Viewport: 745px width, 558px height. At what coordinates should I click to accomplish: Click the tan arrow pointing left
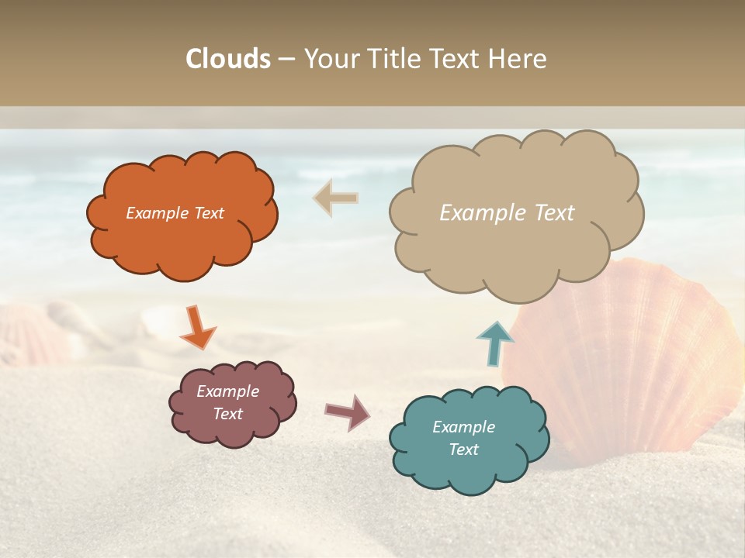(x=335, y=198)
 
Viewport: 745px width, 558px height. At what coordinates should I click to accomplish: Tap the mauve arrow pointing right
(x=348, y=412)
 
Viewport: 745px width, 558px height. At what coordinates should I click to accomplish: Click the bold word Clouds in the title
(x=228, y=59)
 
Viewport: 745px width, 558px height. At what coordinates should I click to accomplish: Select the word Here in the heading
(x=518, y=59)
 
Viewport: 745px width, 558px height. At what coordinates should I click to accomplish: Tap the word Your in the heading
(x=328, y=59)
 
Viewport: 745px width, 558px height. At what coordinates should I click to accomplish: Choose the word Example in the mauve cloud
(x=227, y=391)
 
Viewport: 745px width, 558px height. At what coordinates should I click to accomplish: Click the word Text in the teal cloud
(x=464, y=449)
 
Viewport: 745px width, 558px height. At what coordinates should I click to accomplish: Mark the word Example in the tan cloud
(x=480, y=213)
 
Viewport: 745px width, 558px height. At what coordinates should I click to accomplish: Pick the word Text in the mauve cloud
(x=227, y=414)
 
